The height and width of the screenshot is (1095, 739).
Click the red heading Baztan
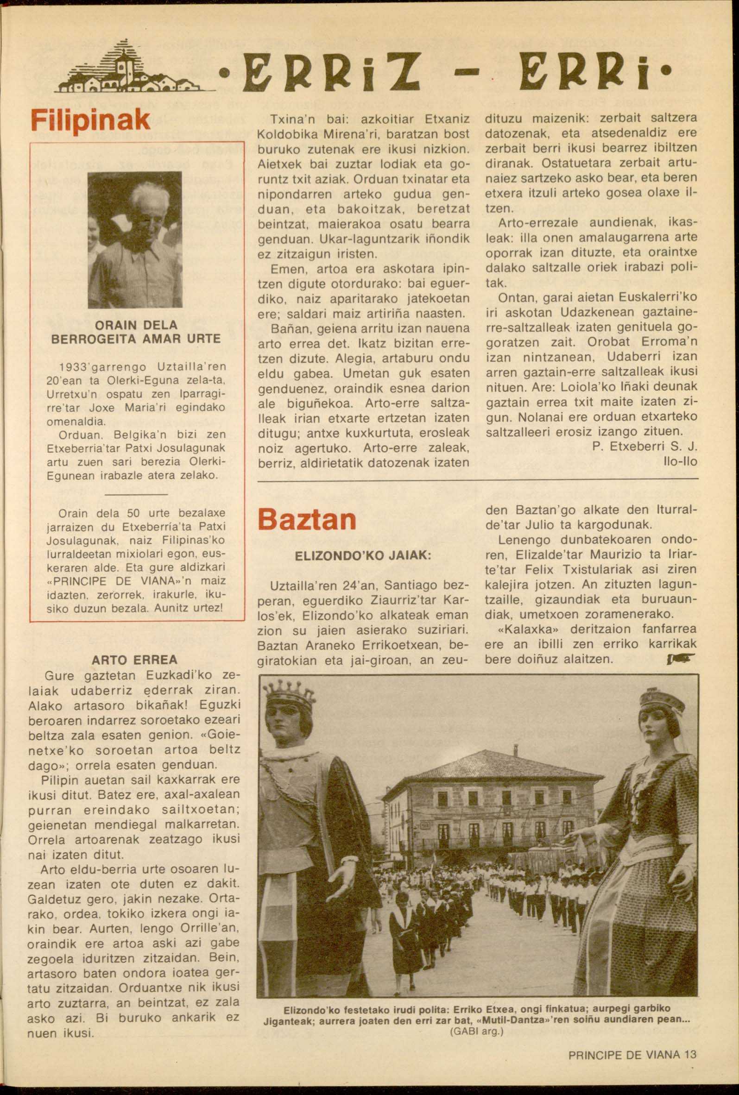(x=307, y=519)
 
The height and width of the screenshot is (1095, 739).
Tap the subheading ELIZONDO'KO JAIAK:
(x=362, y=556)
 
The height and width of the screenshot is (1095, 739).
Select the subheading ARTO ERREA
(x=135, y=659)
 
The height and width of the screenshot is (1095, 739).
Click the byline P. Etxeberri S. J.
(x=644, y=447)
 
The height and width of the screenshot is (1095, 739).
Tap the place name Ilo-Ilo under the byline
(x=680, y=462)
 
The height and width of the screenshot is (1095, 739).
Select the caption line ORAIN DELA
(x=135, y=325)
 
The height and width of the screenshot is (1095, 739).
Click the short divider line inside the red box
(x=135, y=494)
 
